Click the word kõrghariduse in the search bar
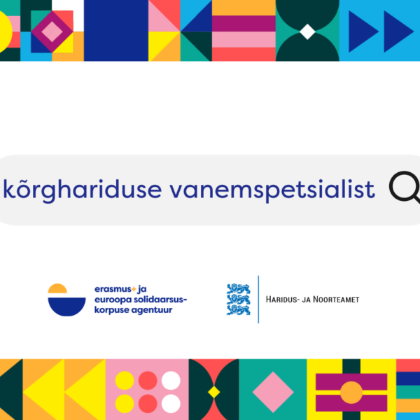tap(83, 190)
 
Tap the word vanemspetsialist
tap(272, 190)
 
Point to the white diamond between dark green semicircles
tap(307, 31)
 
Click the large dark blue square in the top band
tap(116, 31)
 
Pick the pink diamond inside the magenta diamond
tap(52, 31)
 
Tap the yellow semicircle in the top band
tap(6, 31)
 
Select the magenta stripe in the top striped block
tap(244, 24)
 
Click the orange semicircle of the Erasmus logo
tap(57, 288)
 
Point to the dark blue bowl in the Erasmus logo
tap(66, 307)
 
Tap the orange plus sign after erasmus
tap(134, 289)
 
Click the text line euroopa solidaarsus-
tap(141, 300)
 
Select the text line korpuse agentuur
tap(134, 310)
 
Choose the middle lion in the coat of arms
tap(239, 300)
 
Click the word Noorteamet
tap(336, 299)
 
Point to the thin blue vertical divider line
tap(258, 300)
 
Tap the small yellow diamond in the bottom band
tap(213, 392)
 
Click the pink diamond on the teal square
tap(273, 392)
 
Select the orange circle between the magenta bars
tap(351, 393)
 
